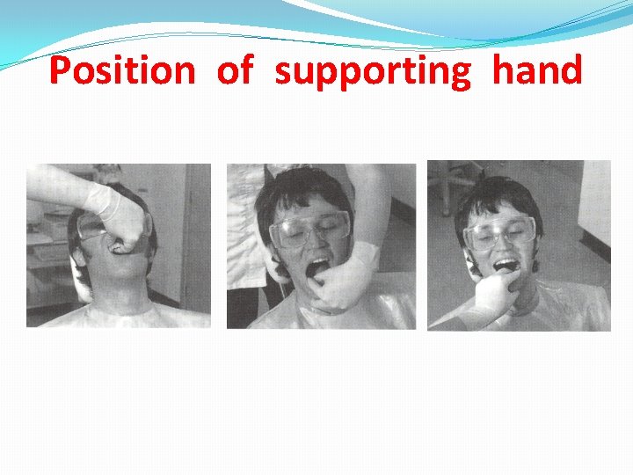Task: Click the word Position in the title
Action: click(x=121, y=69)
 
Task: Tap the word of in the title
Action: click(x=235, y=69)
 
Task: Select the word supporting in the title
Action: click(x=373, y=70)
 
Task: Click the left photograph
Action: click(x=119, y=245)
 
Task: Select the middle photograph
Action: click(x=321, y=246)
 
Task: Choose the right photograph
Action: click(x=519, y=245)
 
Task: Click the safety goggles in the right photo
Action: click(x=498, y=232)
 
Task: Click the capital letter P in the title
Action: click(x=61, y=69)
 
